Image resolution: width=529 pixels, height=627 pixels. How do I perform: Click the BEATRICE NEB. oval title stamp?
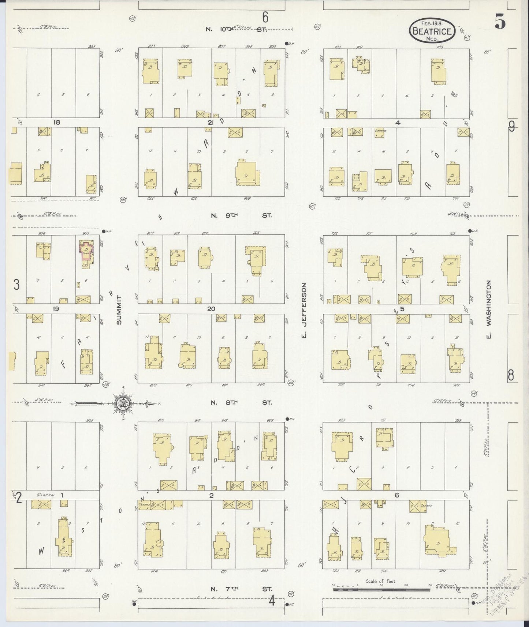click(x=432, y=31)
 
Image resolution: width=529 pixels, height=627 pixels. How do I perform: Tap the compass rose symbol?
click(x=121, y=404)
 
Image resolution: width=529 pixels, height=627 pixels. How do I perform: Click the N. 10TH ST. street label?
click(x=238, y=29)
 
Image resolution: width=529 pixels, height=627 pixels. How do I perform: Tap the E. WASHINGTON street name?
click(x=488, y=309)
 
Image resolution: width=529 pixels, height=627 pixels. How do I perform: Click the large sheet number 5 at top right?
click(x=500, y=23)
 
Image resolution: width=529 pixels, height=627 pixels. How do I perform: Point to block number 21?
click(x=210, y=123)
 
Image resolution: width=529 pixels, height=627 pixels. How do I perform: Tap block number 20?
click(x=211, y=309)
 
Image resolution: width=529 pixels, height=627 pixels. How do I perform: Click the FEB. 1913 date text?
click(x=432, y=22)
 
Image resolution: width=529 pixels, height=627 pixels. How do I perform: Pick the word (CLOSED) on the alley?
click(x=45, y=495)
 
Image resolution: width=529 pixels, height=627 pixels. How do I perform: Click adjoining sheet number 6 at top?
click(x=265, y=17)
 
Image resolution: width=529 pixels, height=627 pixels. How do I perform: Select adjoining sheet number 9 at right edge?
click(x=511, y=127)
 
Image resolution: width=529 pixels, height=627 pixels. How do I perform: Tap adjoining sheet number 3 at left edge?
click(x=16, y=285)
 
